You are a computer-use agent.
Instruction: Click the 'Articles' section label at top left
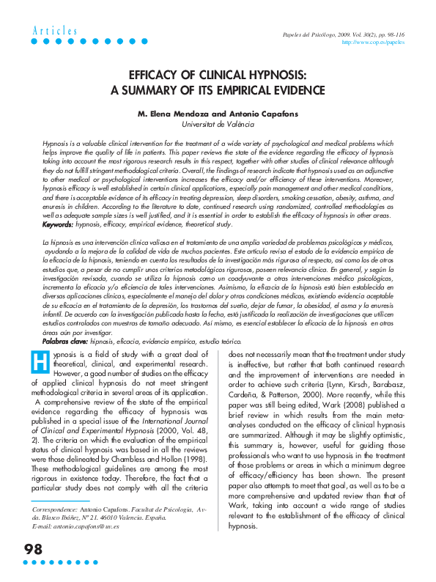(55, 31)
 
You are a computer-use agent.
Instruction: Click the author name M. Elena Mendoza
(174, 114)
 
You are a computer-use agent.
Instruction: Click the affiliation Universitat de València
(218, 125)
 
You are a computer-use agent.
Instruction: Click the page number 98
(34, 550)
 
